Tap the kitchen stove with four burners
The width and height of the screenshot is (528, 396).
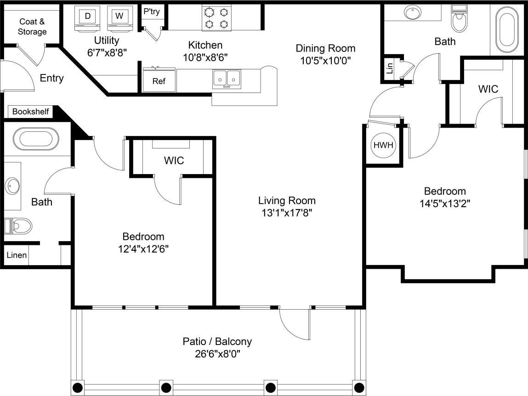click(216, 18)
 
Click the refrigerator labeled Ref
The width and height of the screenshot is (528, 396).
click(159, 81)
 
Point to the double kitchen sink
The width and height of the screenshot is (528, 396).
click(227, 79)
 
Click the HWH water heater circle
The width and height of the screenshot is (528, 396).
click(383, 145)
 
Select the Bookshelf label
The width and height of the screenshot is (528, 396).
click(30, 112)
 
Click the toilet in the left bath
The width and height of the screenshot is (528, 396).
click(19, 226)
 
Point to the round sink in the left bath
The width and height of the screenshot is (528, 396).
click(13, 187)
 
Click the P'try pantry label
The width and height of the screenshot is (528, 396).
click(152, 11)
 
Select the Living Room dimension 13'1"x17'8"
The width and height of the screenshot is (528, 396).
click(287, 213)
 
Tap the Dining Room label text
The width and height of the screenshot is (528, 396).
click(325, 48)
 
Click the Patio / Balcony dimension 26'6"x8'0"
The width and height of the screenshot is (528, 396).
click(217, 354)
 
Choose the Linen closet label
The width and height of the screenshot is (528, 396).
click(16, 255)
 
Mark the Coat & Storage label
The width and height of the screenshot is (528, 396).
click(32, 27)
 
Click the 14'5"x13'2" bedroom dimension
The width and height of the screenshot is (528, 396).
click(444, 203)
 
